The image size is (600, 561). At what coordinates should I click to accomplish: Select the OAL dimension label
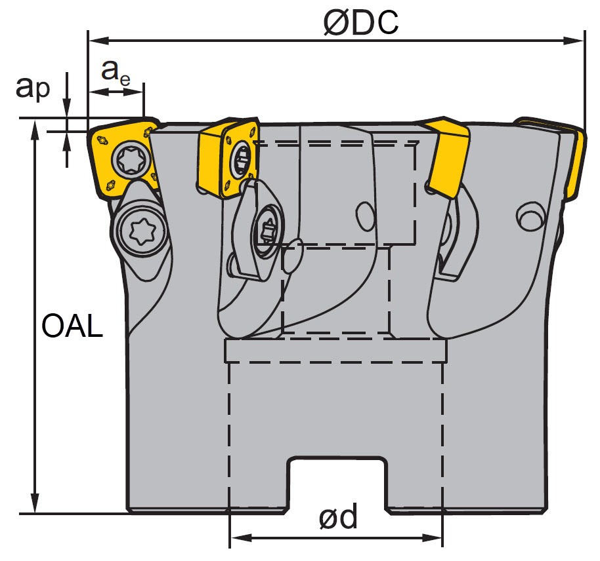pos(72,326)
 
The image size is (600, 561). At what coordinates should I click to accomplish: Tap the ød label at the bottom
pos(338,518)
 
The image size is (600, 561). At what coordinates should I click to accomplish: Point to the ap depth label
pos(32,87)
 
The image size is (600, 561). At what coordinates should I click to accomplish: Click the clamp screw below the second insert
pos(266,232)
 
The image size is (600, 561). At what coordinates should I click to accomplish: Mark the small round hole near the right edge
pos(530,217)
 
